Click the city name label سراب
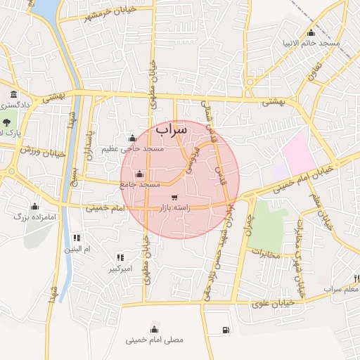pyautogui.click(x=172, y=130)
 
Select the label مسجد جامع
pyautogui.click(x=141, y=184)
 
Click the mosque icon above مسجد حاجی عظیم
pyautogui.click(x=131, y=138)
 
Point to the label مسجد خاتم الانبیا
pyautogui.click(x=311, y=43)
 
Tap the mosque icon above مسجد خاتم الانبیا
pyautogui.click(x=311, y=32)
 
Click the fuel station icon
pyautogui.click(x=225, y=329)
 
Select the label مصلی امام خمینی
pyautogui.click(x=155, y=340)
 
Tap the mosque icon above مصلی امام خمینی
pyautogui.click(x=155, y=328)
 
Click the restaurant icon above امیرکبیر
pyautogui.click(x=120, y=257)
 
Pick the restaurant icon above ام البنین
pyautogui.click(x=77, y=238)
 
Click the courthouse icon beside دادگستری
pyautogui.click(x=13, y=95)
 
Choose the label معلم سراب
pyautogui.click(x=342, y=289)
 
